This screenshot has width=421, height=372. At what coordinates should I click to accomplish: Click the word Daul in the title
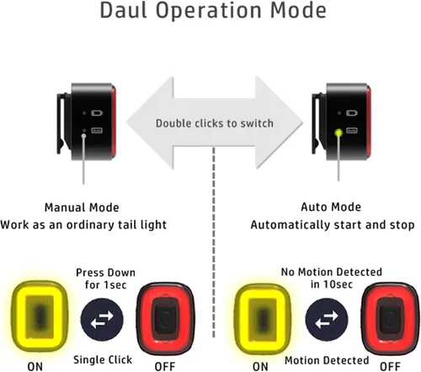tap(124, 10)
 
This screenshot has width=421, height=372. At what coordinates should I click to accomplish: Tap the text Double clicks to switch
tap(215, 123)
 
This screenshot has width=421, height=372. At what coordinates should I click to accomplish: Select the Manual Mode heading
tap(82, 208)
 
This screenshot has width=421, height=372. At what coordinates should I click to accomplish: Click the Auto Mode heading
tap(331, 207)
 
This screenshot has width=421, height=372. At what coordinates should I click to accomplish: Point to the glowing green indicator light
tap(338, 132)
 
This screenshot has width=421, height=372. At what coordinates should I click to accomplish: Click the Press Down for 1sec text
tap(105, 278)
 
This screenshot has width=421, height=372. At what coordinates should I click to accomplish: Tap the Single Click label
tap(103, 360)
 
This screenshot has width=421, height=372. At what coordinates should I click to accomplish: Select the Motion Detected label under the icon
tap(327, 360)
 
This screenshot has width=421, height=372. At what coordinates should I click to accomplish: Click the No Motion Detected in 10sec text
tap(332, 278)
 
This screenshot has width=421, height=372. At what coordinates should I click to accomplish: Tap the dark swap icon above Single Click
tap(102, 320)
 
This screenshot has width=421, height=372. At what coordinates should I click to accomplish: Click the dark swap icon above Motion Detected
tap(327, 320)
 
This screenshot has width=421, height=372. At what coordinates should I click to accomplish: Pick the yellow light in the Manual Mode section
tap(40, 316)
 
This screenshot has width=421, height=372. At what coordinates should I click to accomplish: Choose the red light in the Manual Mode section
tap(166, 319)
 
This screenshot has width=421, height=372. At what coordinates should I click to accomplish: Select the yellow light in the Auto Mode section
tap(263, 318)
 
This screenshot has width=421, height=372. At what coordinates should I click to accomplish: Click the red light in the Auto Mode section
tap(390, 319)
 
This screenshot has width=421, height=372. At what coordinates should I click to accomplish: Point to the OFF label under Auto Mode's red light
tap(390, 367)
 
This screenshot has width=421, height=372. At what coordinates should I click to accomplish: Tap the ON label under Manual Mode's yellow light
tap(35, 367)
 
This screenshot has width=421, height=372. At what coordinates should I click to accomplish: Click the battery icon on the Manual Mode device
tap(97, 113)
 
